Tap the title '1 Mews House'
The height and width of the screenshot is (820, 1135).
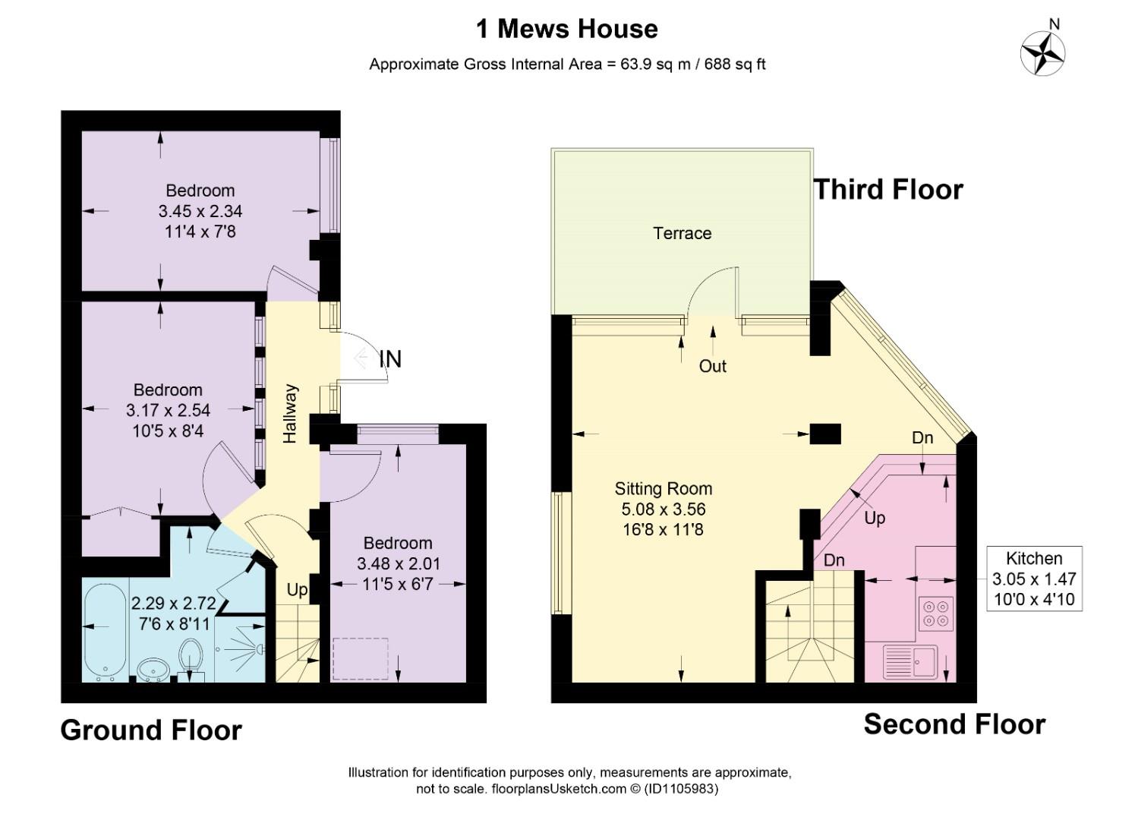coord(567,29)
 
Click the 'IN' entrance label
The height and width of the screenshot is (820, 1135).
coord(391,359)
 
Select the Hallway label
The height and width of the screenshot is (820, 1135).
coord(289,414)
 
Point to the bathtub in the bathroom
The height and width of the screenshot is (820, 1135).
coord(105,630)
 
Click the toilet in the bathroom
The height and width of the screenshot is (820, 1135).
coord(191,658)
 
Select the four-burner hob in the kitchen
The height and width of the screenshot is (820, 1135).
coord(935,613)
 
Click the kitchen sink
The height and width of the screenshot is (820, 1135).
coord(910,661)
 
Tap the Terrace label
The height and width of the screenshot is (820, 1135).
coord(682,233)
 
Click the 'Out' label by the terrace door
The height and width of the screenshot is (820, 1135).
coord(712,366)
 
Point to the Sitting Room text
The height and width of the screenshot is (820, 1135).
coord(664,488)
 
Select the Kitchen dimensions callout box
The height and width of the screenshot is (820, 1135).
coord(1034,579)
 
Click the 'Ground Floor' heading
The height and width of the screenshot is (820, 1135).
coord(151,731)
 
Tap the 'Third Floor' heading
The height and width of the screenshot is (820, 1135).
coord(888,190)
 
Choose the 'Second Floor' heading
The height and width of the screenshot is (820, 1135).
coord(954,724)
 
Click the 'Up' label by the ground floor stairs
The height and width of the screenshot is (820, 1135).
coord(297,590)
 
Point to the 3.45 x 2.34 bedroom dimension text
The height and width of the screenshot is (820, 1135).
coord(200,211)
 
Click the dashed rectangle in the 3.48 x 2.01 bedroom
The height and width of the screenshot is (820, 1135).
coord(361,659)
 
